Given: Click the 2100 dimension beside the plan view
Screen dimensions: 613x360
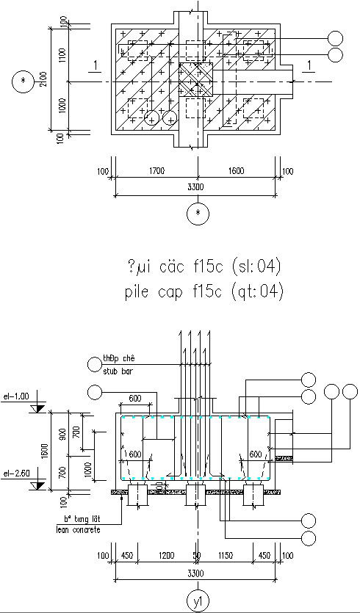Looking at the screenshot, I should tap(43, 79).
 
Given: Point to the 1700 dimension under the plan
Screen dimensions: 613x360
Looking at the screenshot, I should tap(155, 171).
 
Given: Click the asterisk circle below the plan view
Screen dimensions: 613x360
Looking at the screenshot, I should tap(196, 214).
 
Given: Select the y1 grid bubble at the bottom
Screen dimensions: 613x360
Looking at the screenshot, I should tap(196, 600).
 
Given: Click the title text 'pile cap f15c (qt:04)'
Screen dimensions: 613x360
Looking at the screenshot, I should tap(203, 291).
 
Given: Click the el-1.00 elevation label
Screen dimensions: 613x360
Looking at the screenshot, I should tap(16, 396).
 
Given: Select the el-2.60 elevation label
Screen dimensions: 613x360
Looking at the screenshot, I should tap(16, 474).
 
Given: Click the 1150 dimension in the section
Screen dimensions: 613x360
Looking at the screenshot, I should tap(224, 555).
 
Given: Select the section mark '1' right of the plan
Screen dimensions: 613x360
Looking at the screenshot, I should tap(311, 67).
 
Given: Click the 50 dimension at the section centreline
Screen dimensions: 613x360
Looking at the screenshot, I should tap(196, 555).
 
